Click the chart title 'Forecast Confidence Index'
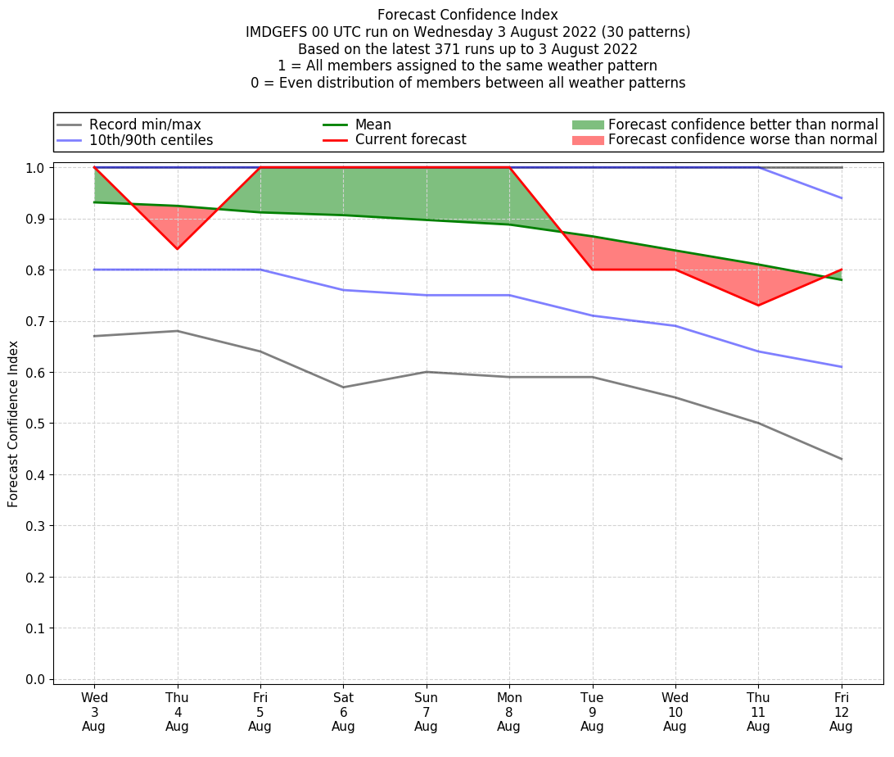(467, 15)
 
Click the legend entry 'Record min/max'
(145, 125)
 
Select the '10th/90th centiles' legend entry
(151, 140)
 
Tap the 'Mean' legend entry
(372, 125)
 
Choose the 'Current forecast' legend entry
(410, 140)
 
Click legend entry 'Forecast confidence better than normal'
(743, 125)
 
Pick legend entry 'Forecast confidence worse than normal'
(743, 140)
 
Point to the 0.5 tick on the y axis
(35, 424)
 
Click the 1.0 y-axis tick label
(35, 168)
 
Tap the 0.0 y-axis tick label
(35, 679)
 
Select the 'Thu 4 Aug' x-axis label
(177, 711)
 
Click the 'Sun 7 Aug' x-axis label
(426, 711)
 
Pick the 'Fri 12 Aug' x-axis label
(841, 711)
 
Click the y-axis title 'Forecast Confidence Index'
(14, 424)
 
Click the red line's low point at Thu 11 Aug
(758, 306)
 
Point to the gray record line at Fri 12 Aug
(841, 459)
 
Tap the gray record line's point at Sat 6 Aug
(343, 388)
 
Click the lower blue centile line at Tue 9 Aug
(592, 315)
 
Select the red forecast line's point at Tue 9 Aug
(592, 270)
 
